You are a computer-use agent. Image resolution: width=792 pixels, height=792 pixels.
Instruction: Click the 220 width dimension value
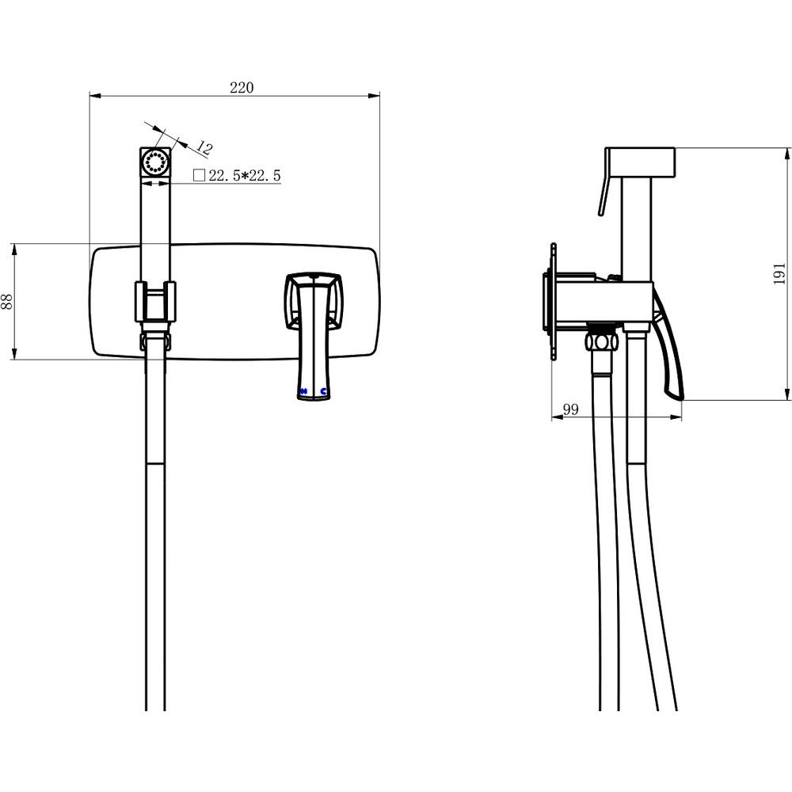[x=242, y=87]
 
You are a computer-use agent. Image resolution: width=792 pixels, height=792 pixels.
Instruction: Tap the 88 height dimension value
[x=7, y=302]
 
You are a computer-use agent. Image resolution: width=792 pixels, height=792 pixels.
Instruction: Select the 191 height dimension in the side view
[x=779, y=273]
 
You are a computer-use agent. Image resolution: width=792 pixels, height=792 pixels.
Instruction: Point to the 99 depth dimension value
[x=570, y=409]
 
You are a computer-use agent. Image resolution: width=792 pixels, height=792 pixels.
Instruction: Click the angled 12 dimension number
[x=204, y=147]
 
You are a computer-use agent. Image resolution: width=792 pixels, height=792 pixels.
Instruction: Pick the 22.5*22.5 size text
[x=245, y=176]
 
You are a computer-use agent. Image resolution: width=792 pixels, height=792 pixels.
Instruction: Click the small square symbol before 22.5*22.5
[x=199, y=175]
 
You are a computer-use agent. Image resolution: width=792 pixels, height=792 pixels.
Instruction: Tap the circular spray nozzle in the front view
[x=155, y=162]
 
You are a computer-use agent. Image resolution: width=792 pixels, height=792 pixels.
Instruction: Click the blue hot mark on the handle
[x=303, y=391]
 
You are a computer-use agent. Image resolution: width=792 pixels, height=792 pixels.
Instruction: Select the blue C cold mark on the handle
[x=324, y=391]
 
